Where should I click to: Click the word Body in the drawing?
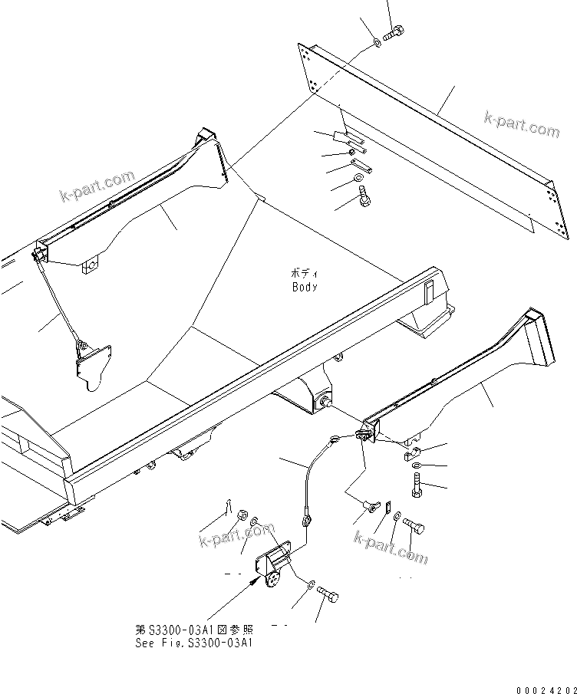point(304,287)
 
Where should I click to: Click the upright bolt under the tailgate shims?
point(364,199)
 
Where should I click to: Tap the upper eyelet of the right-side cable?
point(335,439)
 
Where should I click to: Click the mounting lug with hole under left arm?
point(91,266)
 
